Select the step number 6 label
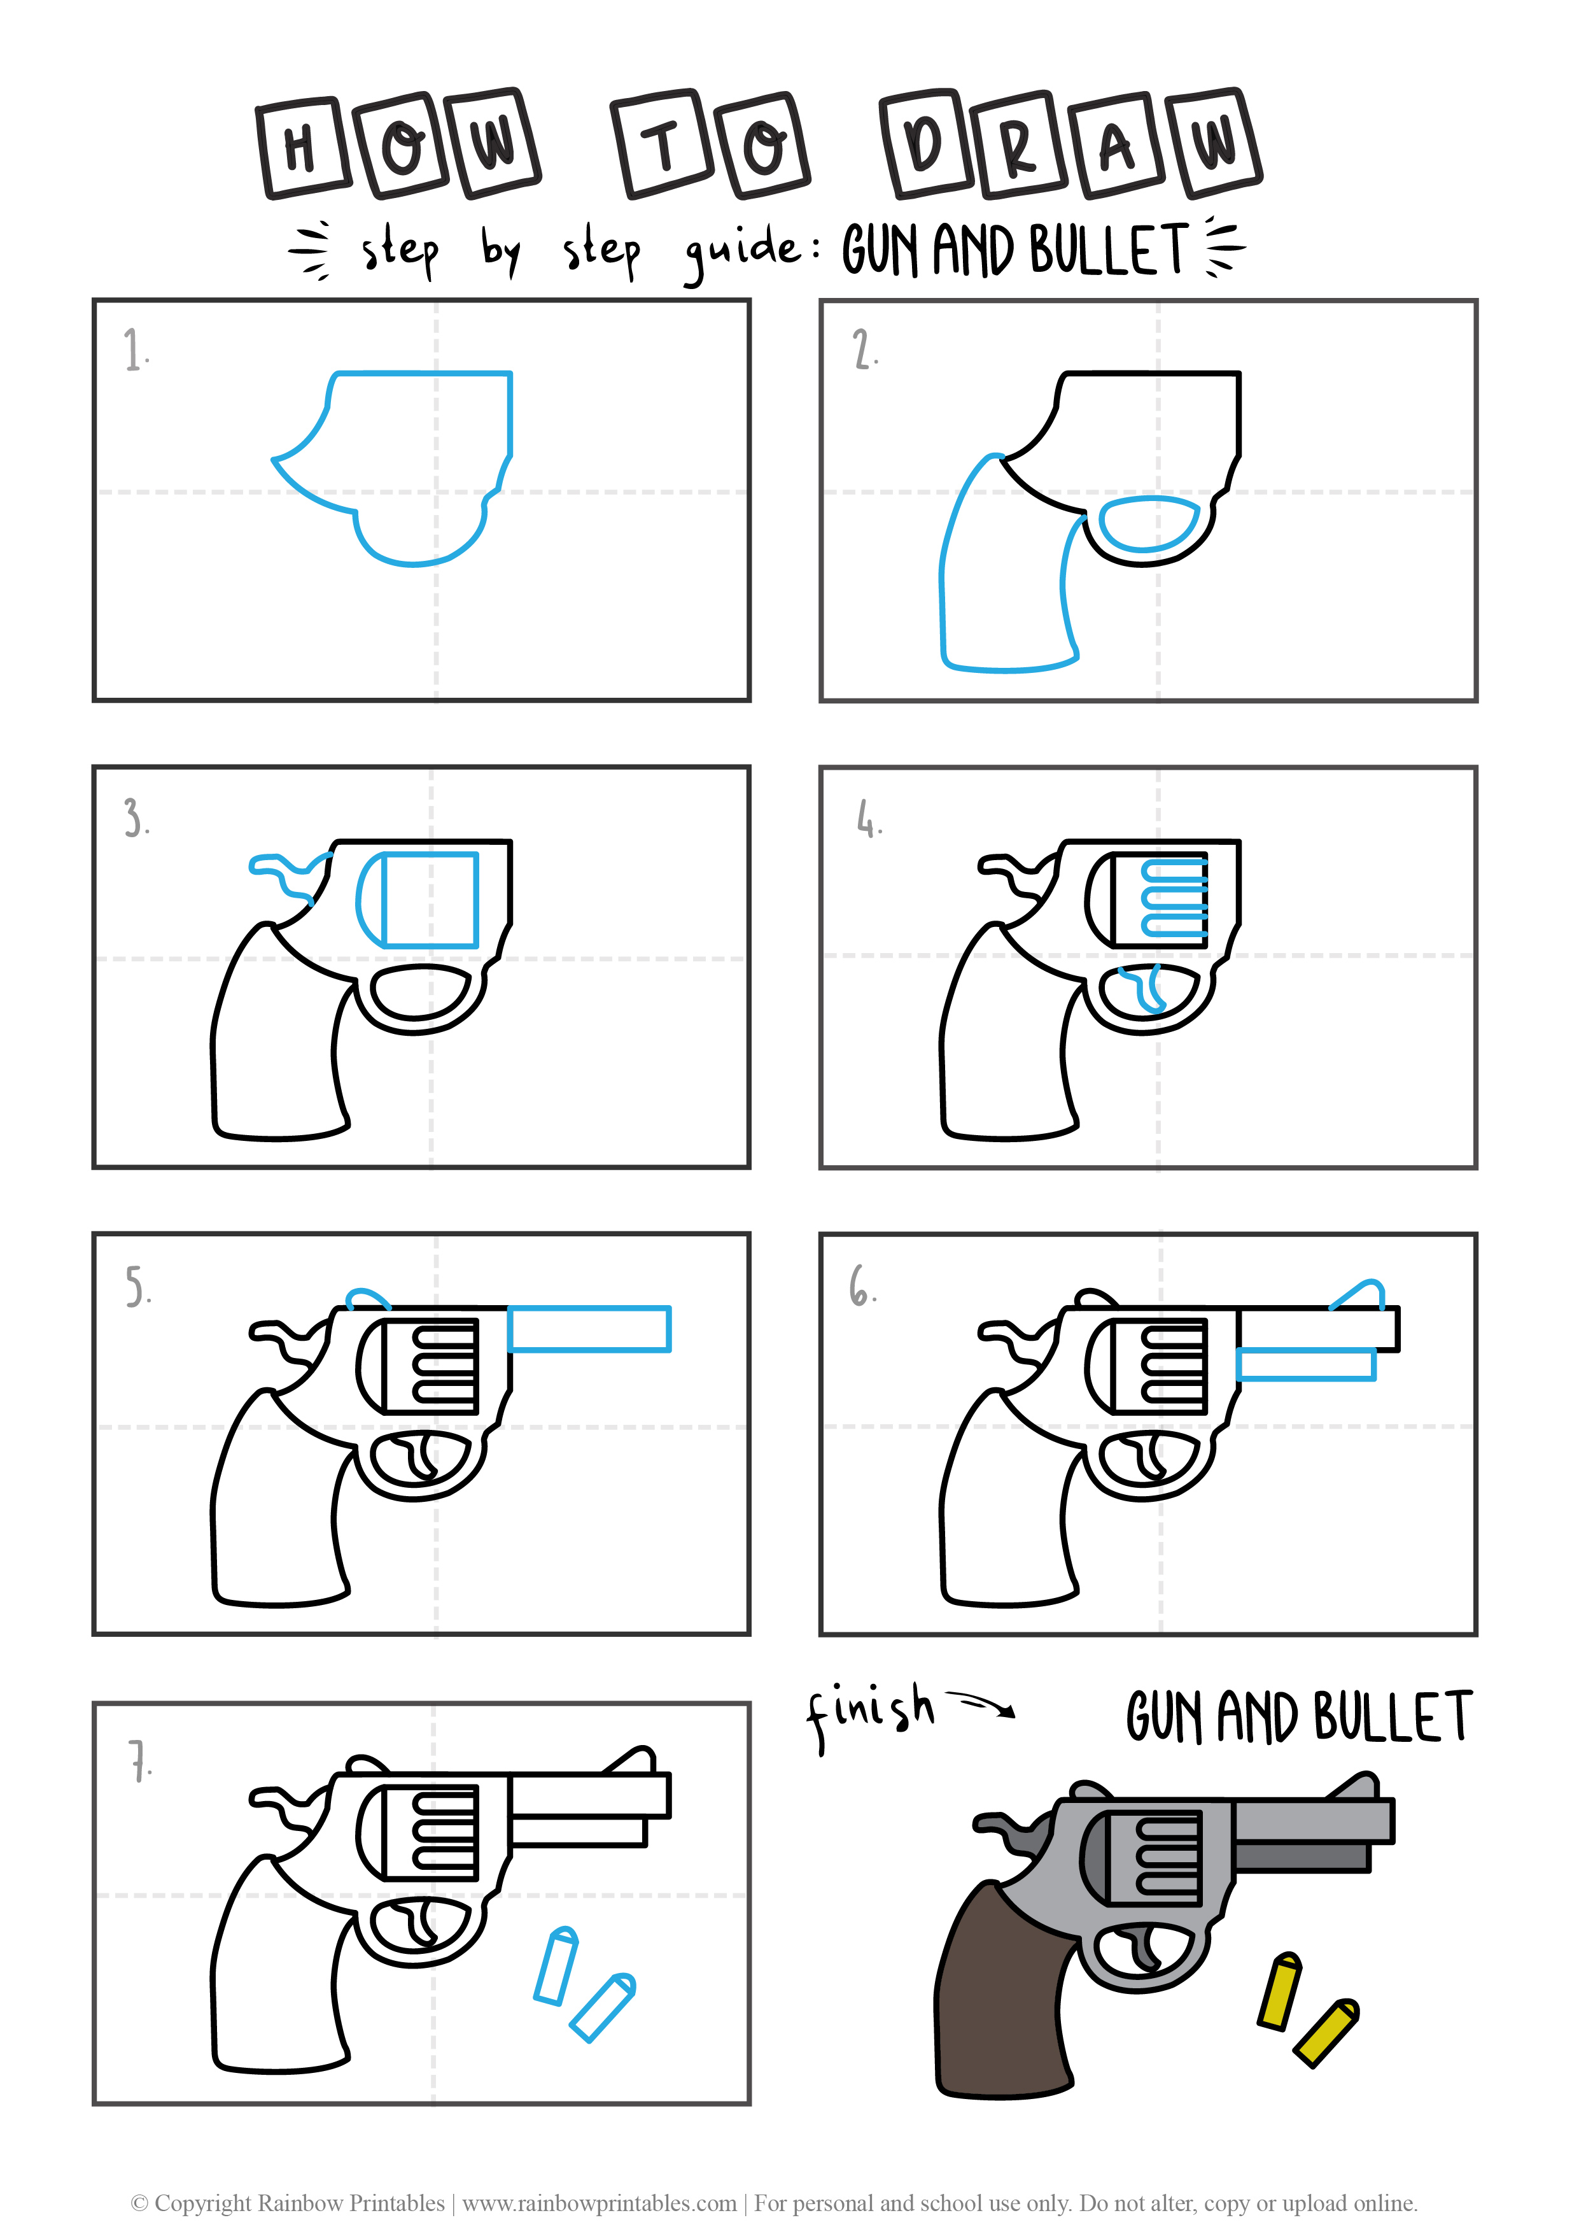[862, 1285]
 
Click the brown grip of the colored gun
[1002, 1995]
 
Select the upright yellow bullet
[1279, 1991]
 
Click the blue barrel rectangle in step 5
[589, 1329]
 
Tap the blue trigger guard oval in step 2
[1148, 525]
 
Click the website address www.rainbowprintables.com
[600, 2203]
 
